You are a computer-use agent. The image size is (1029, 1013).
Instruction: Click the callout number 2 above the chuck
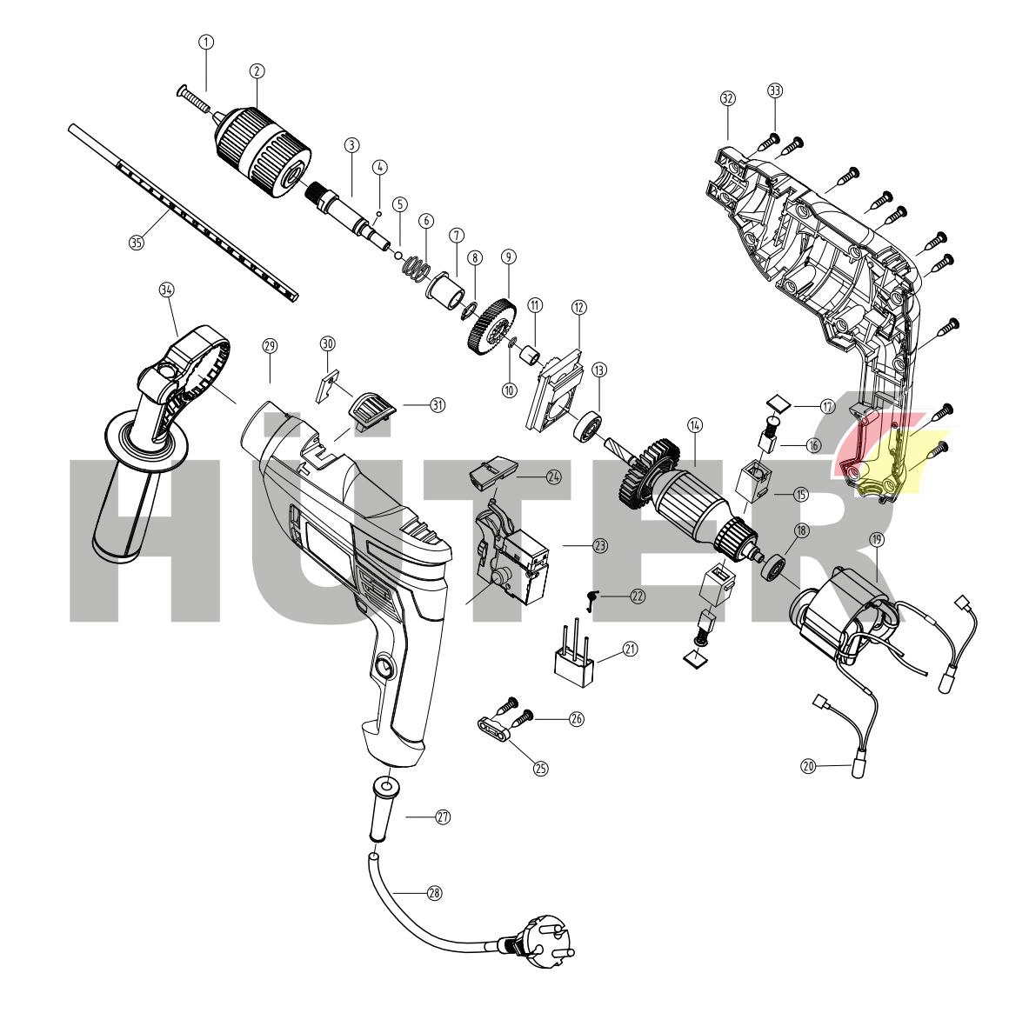pos(257,70)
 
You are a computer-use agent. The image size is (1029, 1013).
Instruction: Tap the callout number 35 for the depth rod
pos(136,243)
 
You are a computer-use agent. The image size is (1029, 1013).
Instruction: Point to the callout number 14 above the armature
pos(694,425)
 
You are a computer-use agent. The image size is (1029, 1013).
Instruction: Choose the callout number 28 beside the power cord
pos(433,893)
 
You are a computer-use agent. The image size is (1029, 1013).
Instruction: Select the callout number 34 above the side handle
pos(166,290)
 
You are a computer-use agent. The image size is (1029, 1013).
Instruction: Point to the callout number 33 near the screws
pos(775,90)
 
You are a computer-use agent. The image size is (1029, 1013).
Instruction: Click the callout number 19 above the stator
pos(877,540)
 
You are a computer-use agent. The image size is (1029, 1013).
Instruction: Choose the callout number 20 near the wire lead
pos(808,766)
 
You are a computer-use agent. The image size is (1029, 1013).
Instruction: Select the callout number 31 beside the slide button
pos(438,404)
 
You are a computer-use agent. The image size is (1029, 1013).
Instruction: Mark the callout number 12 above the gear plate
pos(579,307)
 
